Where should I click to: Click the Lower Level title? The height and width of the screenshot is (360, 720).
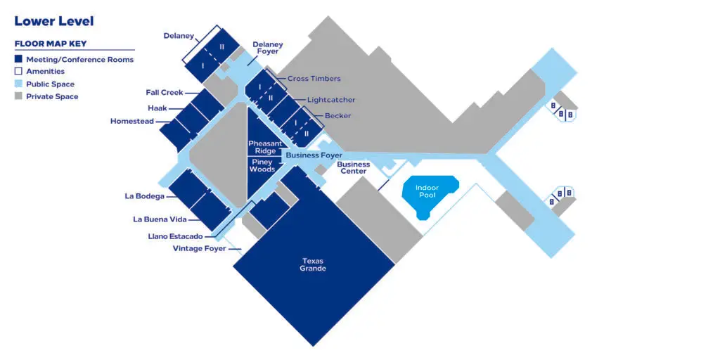click(x=54, y=21)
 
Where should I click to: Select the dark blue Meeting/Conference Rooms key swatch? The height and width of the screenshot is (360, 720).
click(x=18, y=59)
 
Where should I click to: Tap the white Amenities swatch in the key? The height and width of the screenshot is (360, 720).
click(x=18, y=71)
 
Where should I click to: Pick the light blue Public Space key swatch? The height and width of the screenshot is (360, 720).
click(x=18, y=84)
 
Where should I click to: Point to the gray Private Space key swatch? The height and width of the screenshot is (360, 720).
click(x=18, y=96)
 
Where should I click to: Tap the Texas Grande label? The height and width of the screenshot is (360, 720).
click(x=313, y=264)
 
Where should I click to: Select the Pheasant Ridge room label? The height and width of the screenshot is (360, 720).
click(x=265, y=148)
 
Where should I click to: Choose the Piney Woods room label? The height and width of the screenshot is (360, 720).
click(x=262, y=165)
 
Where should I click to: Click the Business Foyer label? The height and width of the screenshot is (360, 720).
click(x=314, y=155)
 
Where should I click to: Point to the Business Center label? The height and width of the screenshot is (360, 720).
click(x=354, y=167)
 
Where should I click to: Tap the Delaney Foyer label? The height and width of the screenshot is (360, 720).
click(x=268, y=48)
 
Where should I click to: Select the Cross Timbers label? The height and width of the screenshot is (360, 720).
click(x=314, y=79)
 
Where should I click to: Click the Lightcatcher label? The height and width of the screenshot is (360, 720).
click(x=331, y=100)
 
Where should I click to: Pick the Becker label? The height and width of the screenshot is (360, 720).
click(x=338, y=116)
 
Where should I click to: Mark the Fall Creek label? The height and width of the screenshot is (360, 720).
click(x=165, y=92)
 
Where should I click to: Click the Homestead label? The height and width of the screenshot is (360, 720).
click(x=132, y=121)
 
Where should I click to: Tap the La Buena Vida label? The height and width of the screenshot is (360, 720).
click(x=160, y=219)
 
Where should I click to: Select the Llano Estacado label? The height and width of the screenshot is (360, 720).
click(x=175, y=236)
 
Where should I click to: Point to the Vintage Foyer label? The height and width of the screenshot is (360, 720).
click(x=199, y=248)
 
